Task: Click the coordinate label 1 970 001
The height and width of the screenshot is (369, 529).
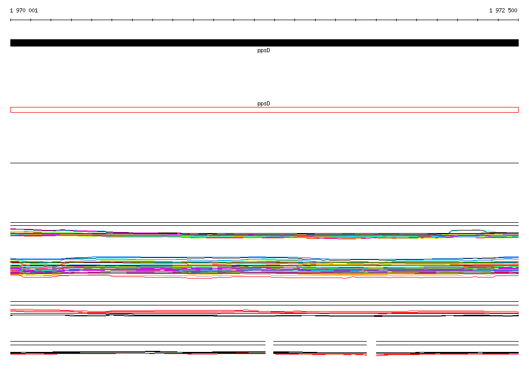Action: [24, 10]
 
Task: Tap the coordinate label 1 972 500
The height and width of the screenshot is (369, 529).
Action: [503, 10]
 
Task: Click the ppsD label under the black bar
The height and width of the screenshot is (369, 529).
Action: [263, 51]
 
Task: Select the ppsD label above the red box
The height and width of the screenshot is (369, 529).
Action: [263, 104]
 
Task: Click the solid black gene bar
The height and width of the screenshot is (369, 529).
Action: [264, 43]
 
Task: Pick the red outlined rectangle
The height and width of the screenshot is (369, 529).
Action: [264, 107]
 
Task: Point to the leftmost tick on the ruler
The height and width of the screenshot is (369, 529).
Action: [10, 20]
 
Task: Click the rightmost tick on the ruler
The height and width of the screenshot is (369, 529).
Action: [518, 20]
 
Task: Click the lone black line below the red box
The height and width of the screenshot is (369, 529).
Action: [264, 163]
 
